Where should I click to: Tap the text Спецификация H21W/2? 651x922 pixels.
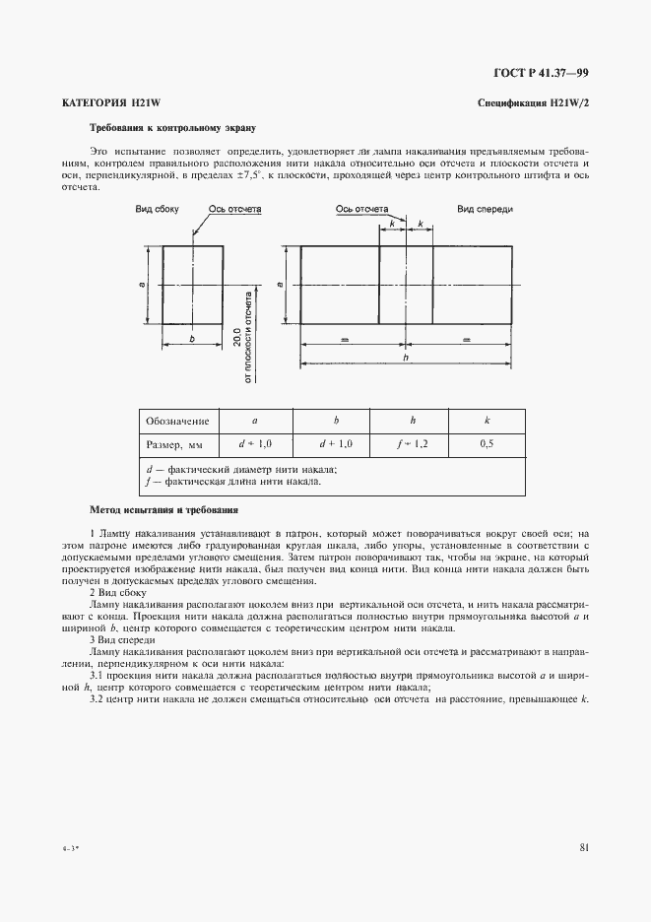[533, 102]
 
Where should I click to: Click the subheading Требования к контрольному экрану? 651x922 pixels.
[172, 127]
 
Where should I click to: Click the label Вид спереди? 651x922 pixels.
[485, 209]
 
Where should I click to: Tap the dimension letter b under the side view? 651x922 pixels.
[192, 338]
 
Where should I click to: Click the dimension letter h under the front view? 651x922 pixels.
[406, 359]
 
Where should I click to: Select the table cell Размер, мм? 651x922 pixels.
[176, 445]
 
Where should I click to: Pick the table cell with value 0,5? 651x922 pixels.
[486, 445]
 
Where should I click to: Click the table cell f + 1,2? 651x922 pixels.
[412, 445]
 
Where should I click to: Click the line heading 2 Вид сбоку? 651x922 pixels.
[117, 593]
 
